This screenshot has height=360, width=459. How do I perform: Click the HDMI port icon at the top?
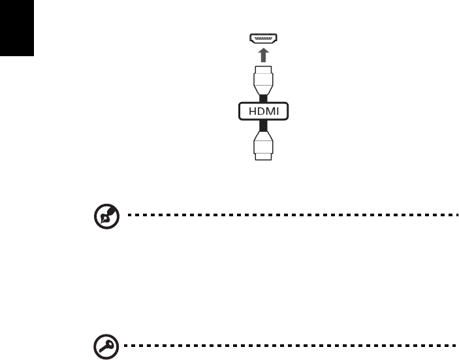click(x=263, y=39)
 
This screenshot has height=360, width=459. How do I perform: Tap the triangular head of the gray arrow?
click(x=263, y=50)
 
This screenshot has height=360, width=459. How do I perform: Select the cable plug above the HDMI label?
click(x=263, y=80)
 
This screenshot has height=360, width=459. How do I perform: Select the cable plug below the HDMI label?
click(x=263, y=145)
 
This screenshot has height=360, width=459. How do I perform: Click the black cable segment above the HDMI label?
click(x=263, y=97)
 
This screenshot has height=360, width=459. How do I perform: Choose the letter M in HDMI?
click(x=269, y=112)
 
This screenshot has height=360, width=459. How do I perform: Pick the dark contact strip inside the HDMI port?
click(x=263, y=38)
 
